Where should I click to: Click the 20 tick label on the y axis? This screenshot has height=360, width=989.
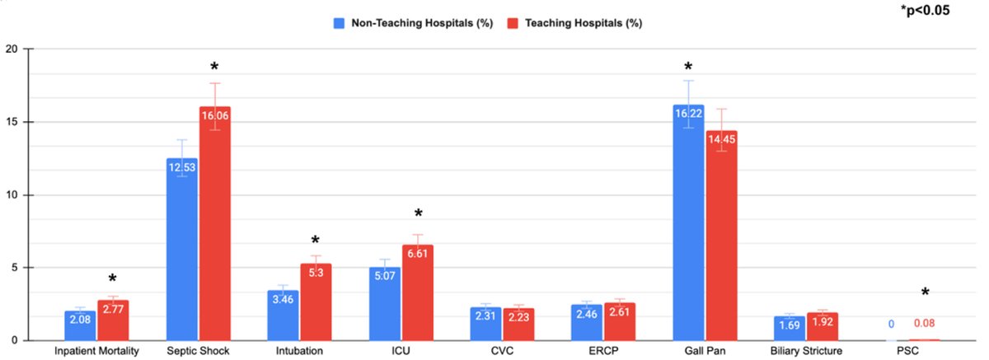12,49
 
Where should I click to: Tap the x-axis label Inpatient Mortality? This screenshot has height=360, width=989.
96,352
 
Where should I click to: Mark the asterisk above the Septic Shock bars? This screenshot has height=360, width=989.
214,68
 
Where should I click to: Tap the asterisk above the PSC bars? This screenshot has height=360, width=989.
925,293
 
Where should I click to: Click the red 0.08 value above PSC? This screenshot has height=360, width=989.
924,323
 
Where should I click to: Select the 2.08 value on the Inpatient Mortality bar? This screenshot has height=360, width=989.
80,318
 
